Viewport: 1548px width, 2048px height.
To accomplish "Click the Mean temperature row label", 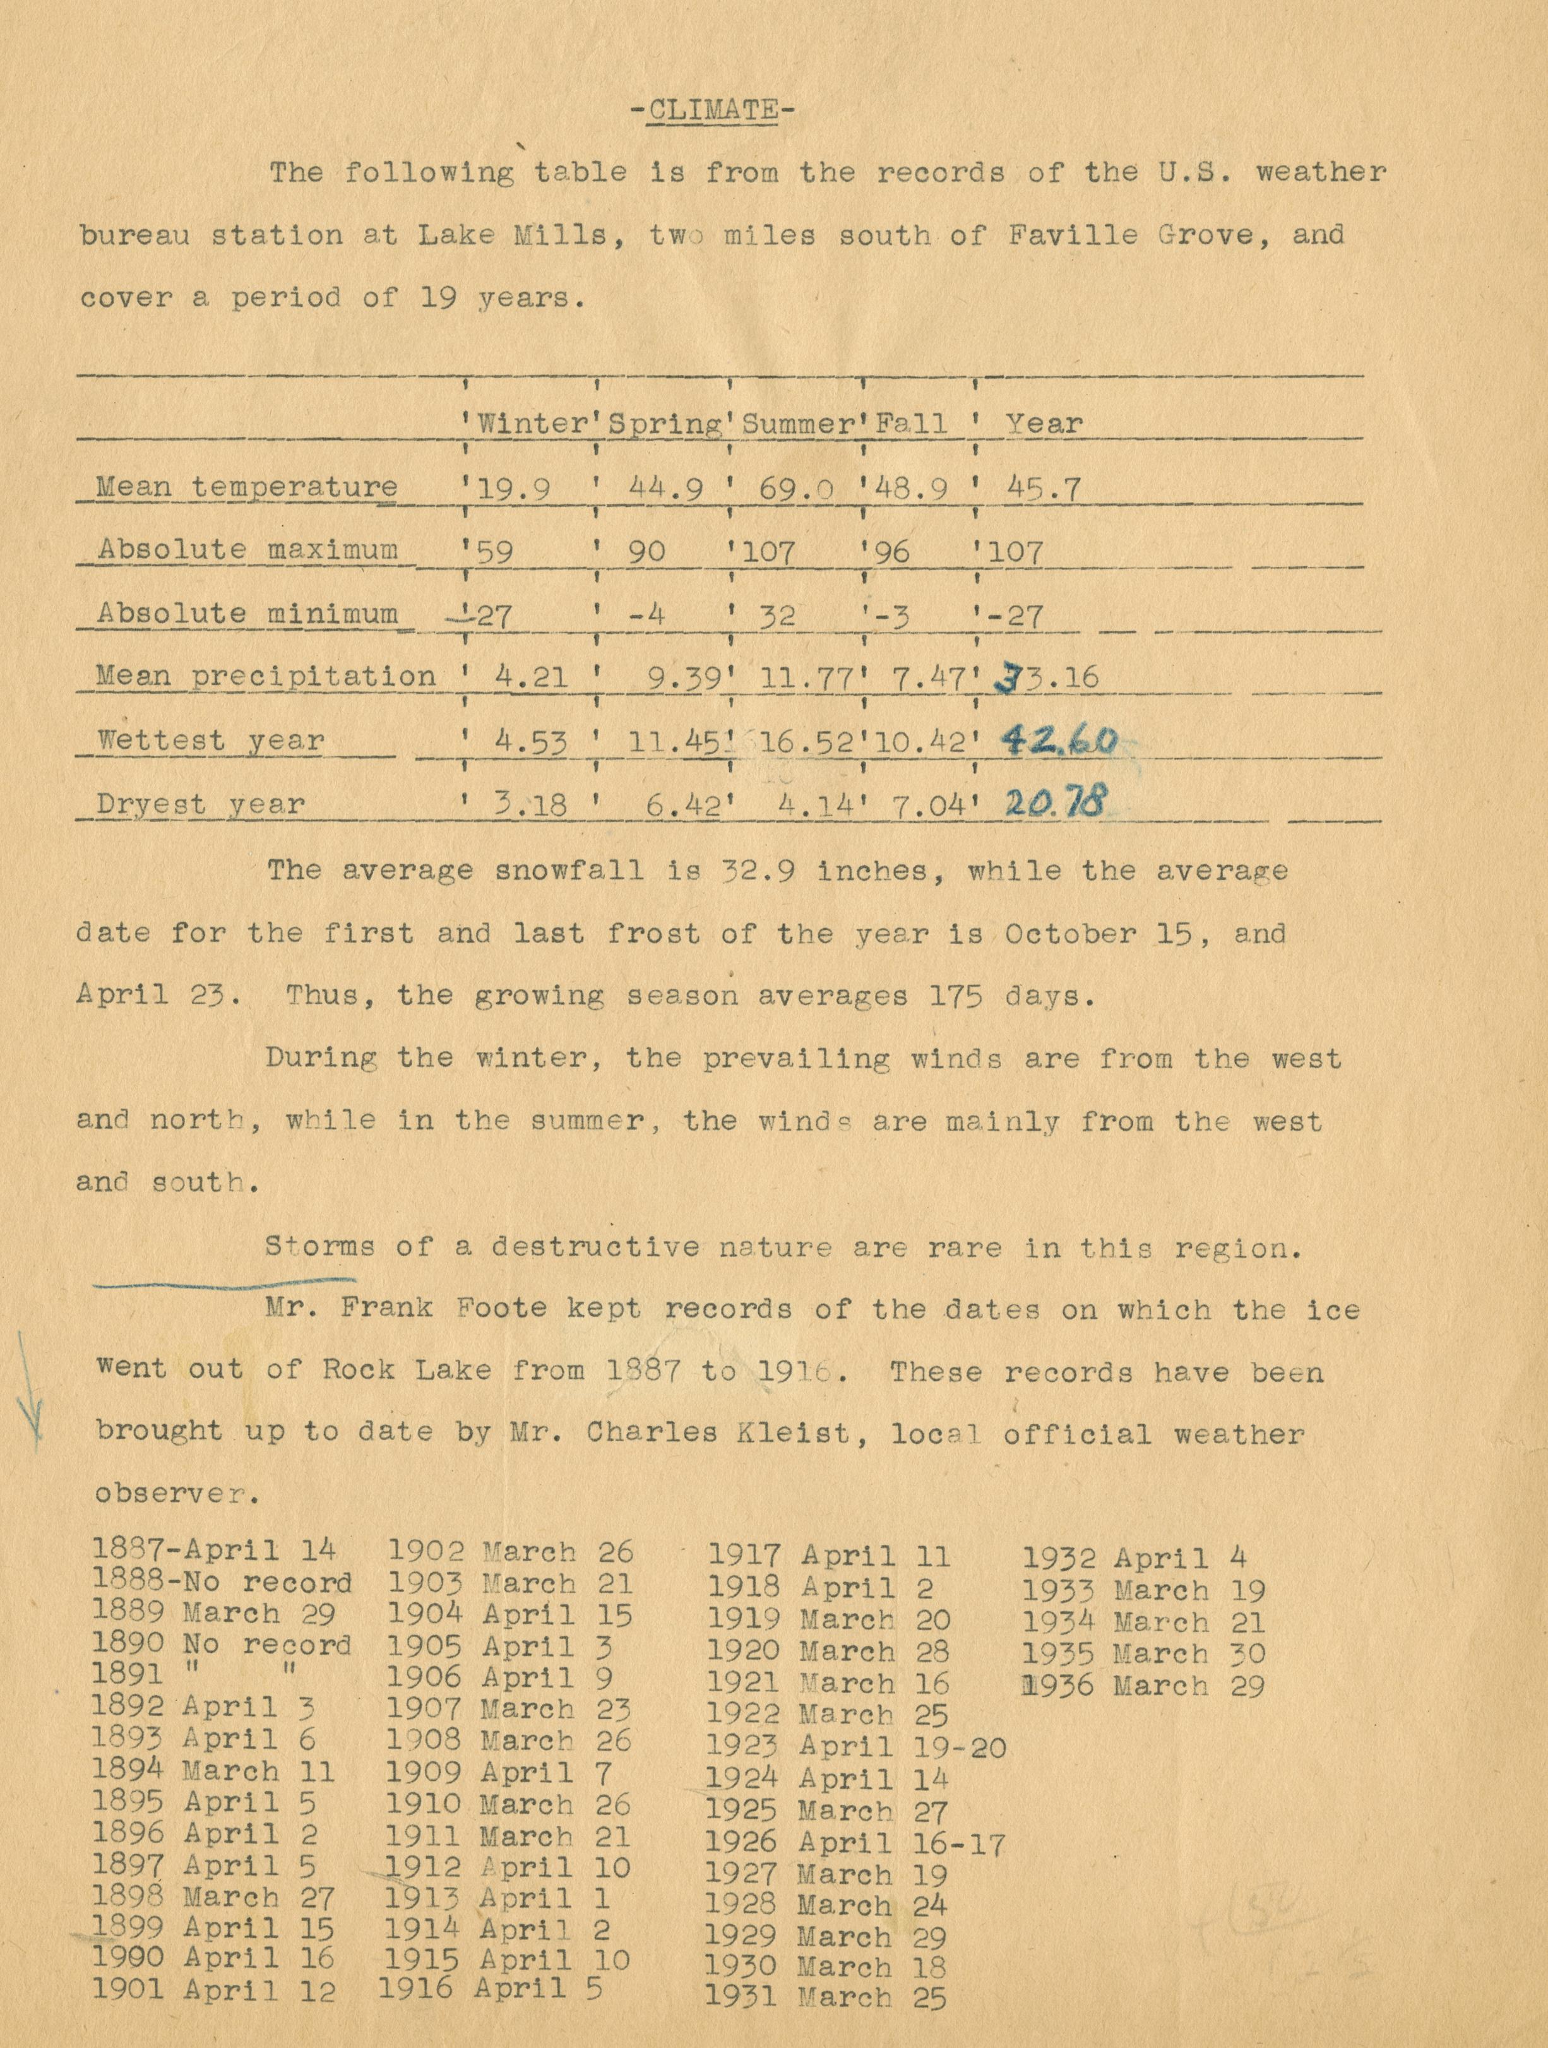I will coord(247,487).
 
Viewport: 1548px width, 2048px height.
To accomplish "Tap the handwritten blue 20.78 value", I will coord(1054,802).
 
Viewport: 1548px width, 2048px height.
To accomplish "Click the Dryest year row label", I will coord(201,804).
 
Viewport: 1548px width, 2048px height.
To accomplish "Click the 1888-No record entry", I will coord(222,1582).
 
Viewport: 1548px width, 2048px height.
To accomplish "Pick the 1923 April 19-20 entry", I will coord(855,1747).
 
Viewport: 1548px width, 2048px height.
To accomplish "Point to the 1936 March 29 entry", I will coord(1143,1685).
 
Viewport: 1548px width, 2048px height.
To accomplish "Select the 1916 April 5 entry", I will coord(491,1987).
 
